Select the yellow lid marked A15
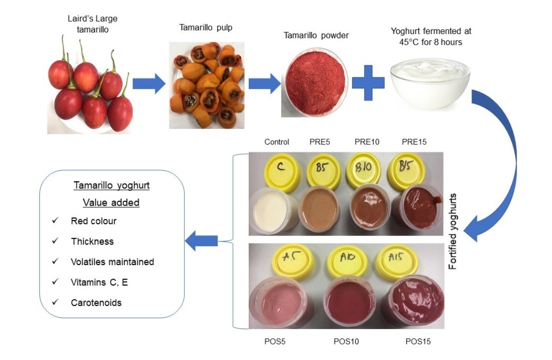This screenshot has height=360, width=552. [x=398, y=259]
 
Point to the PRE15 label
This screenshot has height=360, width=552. [x=415, y=142]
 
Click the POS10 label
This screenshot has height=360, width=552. [x=346, y=342]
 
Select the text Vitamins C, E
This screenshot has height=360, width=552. [x=99, y=283]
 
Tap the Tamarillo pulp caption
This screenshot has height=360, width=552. [x=206, y=28]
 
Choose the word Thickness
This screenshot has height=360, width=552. [x=92, y=241]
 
